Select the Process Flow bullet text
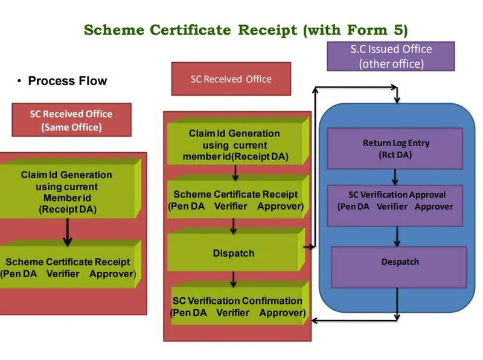[x=67, y=81]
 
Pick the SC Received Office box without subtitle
[x=231, y=79]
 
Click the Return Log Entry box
[x=396, y=149]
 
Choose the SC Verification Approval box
[x=396, y=201]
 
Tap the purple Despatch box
[x=399, y=262]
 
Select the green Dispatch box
[x=234, y=253]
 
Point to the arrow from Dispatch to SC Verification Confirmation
[x=234, y=280]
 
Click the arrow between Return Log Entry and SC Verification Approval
[x=396, y=176]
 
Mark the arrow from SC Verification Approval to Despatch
[x=397, y=236]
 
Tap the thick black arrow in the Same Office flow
[x=68, y=233]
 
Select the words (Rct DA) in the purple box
[x=396, y=154]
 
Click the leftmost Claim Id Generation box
[x=66, y=192]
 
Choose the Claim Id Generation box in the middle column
[x=234, y=145]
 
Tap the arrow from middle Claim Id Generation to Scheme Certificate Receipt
[x=235, y=173]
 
